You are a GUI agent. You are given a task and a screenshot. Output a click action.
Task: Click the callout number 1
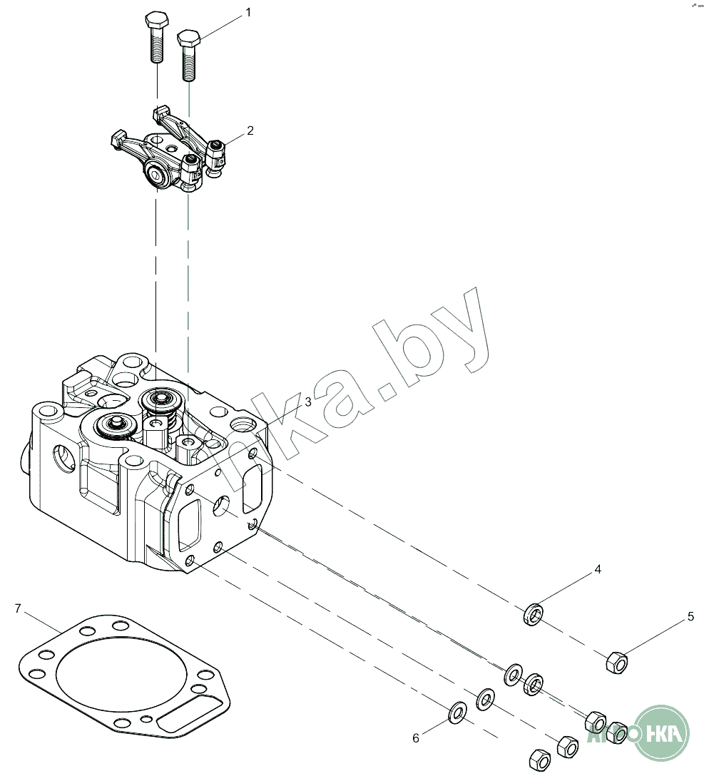248,12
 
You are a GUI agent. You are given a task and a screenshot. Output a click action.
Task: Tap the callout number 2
250,131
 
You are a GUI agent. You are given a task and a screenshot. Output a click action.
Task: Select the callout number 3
307,402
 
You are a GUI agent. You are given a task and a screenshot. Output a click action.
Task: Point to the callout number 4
598,569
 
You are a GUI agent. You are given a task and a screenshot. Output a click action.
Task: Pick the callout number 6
416,738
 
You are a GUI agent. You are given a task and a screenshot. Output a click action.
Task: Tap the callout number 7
19,608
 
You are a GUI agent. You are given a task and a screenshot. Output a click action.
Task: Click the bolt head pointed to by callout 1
188,37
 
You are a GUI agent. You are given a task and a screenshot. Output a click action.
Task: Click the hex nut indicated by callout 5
616,663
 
